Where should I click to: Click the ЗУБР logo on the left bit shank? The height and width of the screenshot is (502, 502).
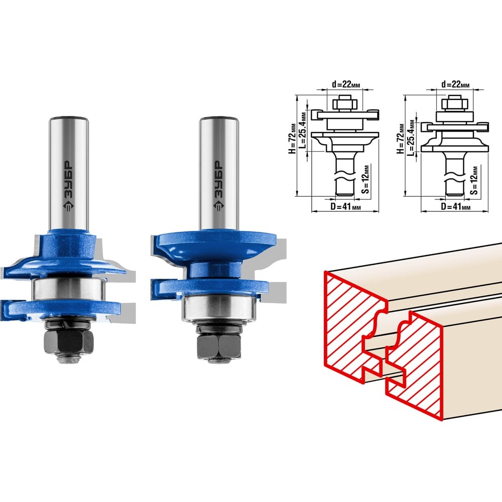pyautogui.click(x=68, y=185)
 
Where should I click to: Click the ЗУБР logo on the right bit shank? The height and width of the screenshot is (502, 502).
pyautogui.click(x=218, y=186)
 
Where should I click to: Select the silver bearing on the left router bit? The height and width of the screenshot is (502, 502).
pyautogui.click(x=69, y=289)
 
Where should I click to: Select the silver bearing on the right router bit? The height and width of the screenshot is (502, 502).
pyautogui.click(x=219, y=307)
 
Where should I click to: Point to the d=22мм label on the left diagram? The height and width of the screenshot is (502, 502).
pyautogui.click(x=346, y=84)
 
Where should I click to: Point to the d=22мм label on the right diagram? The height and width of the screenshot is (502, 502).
pyautogui.click(x=455, y=84)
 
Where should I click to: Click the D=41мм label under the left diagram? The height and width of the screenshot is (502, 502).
pyautogui.click(x=345, y=206)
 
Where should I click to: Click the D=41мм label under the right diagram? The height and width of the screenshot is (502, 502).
pyautogui.click(x=456, y=206)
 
